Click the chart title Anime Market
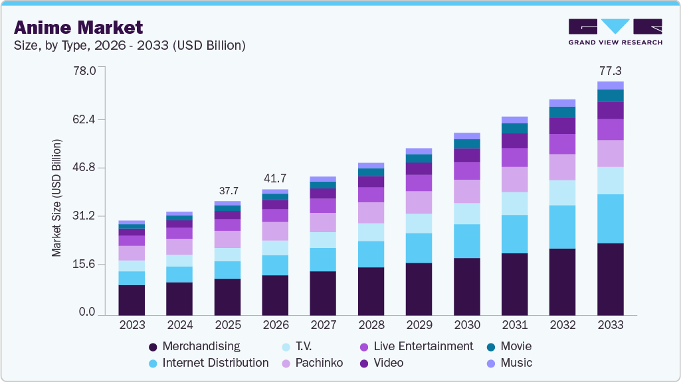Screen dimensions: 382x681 [x=78, y=27]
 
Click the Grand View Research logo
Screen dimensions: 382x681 [x=615, y=31]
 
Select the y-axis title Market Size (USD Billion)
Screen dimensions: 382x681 [x=57, y=198]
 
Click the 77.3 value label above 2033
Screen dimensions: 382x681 [x=610, y=70]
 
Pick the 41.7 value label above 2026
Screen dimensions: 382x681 [x=275, y=178]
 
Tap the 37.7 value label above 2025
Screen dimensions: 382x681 [x=227, y=191]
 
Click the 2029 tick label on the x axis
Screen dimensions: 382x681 [x=419, y=325]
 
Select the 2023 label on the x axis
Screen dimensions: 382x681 [x=132, y=325]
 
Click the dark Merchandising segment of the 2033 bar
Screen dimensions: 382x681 [x=610, y=279]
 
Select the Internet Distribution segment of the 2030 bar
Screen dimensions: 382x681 [x=466, y=241]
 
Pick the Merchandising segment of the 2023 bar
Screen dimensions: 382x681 [x=132, y=300]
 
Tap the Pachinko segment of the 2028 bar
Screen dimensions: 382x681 [x=371, y=213]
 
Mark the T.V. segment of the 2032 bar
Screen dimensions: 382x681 [x=562, y=192]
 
